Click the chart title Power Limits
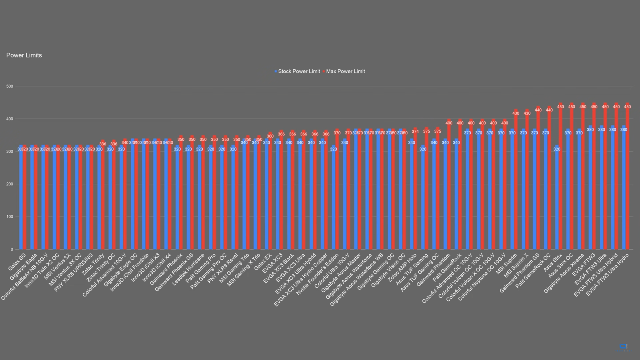24,55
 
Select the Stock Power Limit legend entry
299,71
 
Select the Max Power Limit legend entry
345,71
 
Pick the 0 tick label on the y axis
11,249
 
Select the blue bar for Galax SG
21,200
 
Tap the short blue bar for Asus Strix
557,200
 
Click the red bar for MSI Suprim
516,180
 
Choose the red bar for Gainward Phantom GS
538,180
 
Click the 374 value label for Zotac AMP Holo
415,131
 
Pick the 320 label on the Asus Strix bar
557,149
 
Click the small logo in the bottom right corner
623,346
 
